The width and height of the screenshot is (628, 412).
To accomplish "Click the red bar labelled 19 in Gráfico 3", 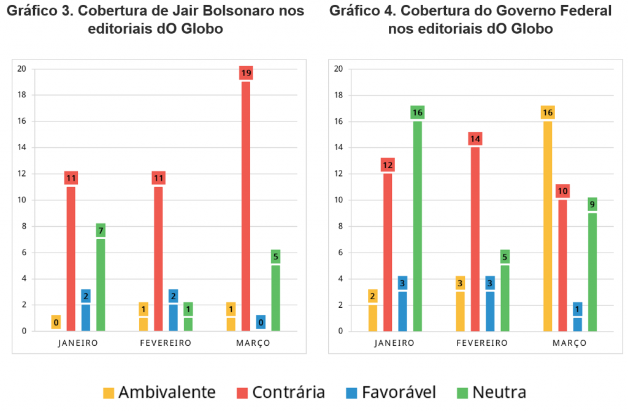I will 246,205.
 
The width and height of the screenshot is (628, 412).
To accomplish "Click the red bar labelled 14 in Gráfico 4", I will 475,239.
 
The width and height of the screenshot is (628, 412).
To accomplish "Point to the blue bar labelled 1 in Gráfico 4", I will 577,324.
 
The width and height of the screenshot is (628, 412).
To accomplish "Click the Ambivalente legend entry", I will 159,392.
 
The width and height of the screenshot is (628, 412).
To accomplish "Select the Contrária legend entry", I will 281,392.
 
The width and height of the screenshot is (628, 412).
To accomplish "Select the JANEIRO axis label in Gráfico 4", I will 395,343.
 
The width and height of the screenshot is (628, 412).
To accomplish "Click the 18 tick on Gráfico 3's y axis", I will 22,95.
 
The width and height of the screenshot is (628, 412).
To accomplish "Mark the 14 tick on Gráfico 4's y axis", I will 338,148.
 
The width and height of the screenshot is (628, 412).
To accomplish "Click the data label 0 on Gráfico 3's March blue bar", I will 260,321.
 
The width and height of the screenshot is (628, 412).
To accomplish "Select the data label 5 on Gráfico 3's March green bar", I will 275,256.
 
